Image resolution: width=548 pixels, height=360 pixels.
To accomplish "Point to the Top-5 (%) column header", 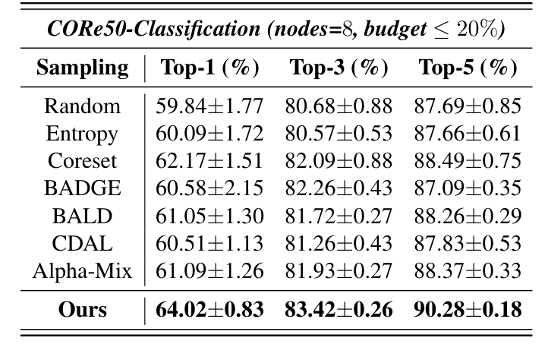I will click(x=468, y=68).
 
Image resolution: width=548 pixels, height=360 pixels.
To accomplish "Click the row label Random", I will click(x=82, y=107).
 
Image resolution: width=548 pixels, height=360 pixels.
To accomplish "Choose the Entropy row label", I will click(x=82, y=134).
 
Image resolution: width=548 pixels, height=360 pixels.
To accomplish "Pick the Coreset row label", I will click(x=82, y=162).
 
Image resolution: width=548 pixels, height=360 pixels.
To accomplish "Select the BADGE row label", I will click(x=82, y=189).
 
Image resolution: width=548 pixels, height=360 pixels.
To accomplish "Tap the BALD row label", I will click(x=82, y=216).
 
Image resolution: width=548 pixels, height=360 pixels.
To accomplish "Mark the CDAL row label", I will click(x=82, y=244).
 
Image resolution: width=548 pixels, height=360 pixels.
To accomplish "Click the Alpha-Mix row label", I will click(x=82, y=271).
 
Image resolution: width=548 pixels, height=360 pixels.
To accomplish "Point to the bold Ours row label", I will click(x=82, y=311).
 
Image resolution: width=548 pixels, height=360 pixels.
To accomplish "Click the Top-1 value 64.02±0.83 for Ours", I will click(x=209, y=311).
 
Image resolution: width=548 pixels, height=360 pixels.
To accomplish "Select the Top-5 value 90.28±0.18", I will click(x=468, y=311).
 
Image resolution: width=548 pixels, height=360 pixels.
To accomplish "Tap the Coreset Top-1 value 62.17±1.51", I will click(x=209, y=162).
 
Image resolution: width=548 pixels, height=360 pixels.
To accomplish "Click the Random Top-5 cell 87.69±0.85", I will click(x=468, y=107).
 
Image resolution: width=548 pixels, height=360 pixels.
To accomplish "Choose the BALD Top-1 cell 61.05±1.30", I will click(x=209, y=216).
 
